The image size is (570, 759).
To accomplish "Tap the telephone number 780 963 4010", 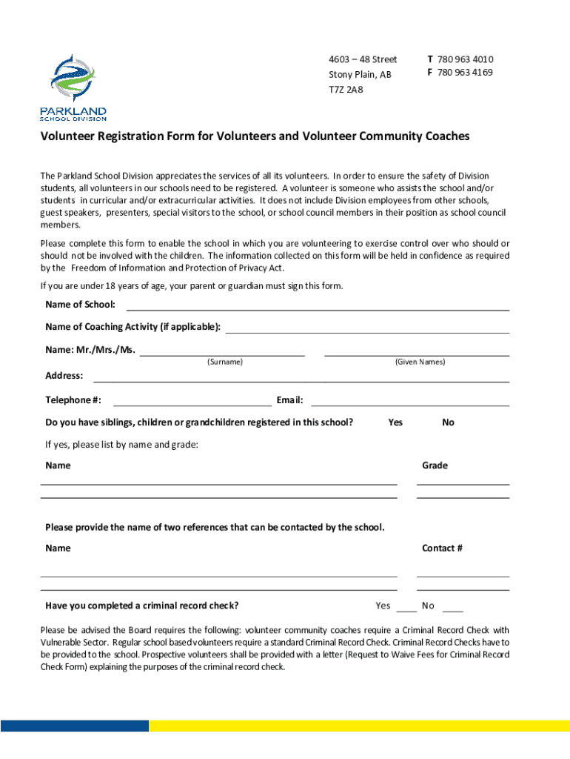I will coord(465,59).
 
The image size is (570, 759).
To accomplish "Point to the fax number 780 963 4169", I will coord(465,73).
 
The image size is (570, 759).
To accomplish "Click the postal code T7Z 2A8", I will coord(346,90).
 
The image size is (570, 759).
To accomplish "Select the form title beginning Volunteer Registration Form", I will coord(255,136).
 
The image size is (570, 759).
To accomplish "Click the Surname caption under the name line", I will coord(224,362).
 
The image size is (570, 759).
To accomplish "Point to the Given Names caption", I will coord(420,362).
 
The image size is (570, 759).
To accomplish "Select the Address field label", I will coord(64,376).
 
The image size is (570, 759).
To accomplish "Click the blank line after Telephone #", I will coord(192,401).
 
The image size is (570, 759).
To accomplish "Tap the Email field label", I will coord(289,400).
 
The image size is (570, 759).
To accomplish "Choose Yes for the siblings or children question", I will coord(395,422).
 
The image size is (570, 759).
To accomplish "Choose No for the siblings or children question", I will coord(448,422).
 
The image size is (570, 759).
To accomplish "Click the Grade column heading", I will coord(435,465).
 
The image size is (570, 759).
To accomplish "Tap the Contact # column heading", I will coord(442,548).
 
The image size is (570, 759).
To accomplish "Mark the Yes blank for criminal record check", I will coord(406,607).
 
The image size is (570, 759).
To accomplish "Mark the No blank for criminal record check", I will coord(452,607).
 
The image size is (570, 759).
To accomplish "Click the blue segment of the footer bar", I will coord(74,726).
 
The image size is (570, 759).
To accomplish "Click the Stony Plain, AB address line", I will coord(360,75).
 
